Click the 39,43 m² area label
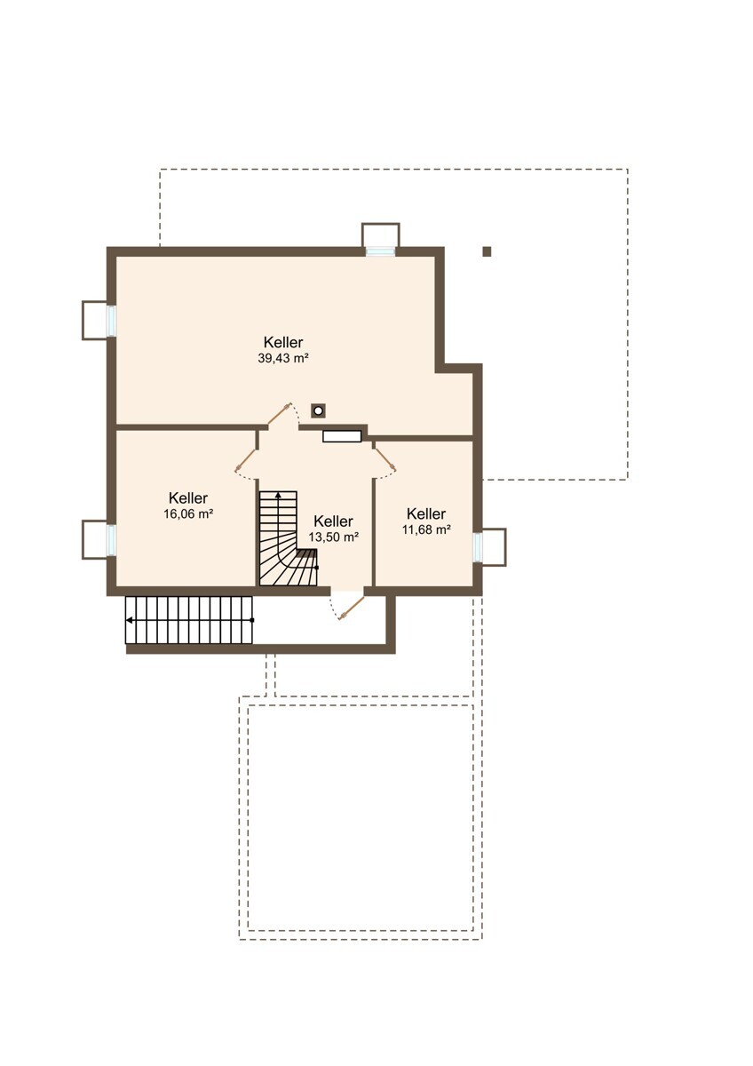pyautogui.click(x=283, y=358)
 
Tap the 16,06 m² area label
pyautogui.click(x=188, y=514)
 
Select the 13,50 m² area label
pyautogui.click(x=333, y=537)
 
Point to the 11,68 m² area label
pyautogui.click(x=426, y=529)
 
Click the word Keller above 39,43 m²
pyautogui.click(x=283, y=342)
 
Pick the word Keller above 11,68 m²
pyautogui.click(x=426, y=513)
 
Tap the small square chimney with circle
pyautogui.click(x=318, y=410)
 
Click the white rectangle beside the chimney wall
pyautogui.click(x=342, y=436)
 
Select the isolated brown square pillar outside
pyautogui.click(x=487, y=251)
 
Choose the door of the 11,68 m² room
pyautogui.click(x=384, y=458)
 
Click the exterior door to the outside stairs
pyautogui.click(x=351, y=608)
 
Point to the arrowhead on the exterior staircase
pyautogui.click(x=129, y=620)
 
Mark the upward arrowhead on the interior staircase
pyautogui.click(x=278, y=495)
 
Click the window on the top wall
pyautogui.click(x=381, y=251)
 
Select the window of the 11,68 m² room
pyautogui.click(x=478, y=547)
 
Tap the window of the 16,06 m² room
pyautogui.click(x=111, y=540)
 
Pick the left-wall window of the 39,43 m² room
pyautogui.click(x=111, y=321)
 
